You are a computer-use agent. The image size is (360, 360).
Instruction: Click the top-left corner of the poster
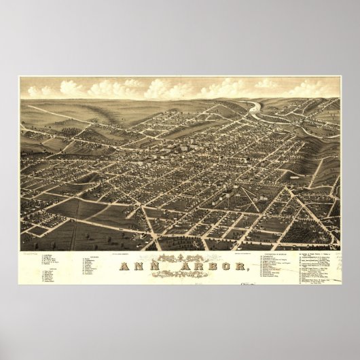click(x=19, y=77)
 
